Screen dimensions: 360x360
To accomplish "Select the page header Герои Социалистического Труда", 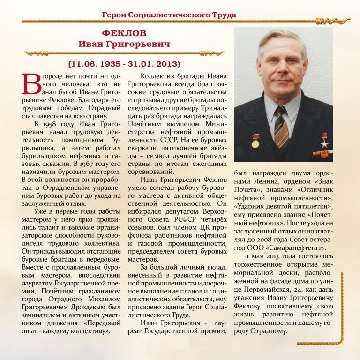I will (169, 15).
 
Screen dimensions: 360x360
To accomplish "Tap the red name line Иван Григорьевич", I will (124, 44).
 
